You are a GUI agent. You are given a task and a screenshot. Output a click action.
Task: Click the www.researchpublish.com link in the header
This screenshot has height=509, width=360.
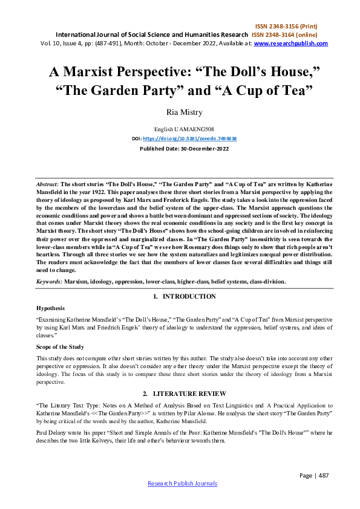point(291,44)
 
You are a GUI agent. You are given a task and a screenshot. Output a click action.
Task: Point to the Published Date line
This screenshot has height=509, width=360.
point(180,148)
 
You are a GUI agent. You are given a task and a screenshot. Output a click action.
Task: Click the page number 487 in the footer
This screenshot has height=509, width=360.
point(323,475)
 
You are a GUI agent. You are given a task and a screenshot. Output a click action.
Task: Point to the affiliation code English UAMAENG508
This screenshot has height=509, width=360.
point(180,129)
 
